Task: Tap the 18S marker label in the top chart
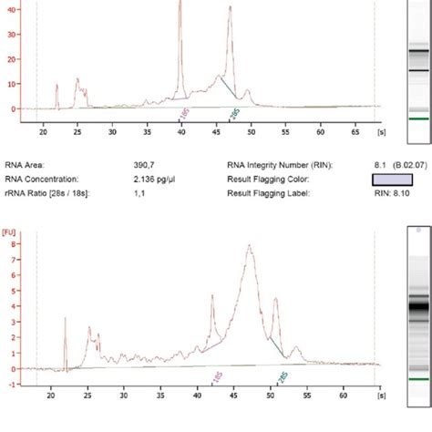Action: [x=184, y=112]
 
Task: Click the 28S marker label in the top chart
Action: [x=233, y=112]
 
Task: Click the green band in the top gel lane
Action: [x=417, y=118]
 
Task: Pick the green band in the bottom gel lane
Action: [x=417, y=378]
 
